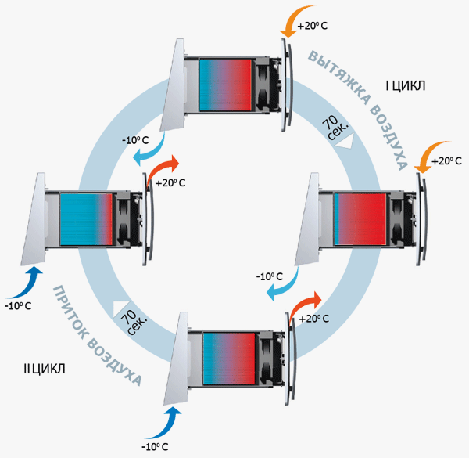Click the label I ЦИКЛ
point(406,85)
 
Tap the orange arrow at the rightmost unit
point(429,155)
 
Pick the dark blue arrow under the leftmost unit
point(31,278)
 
